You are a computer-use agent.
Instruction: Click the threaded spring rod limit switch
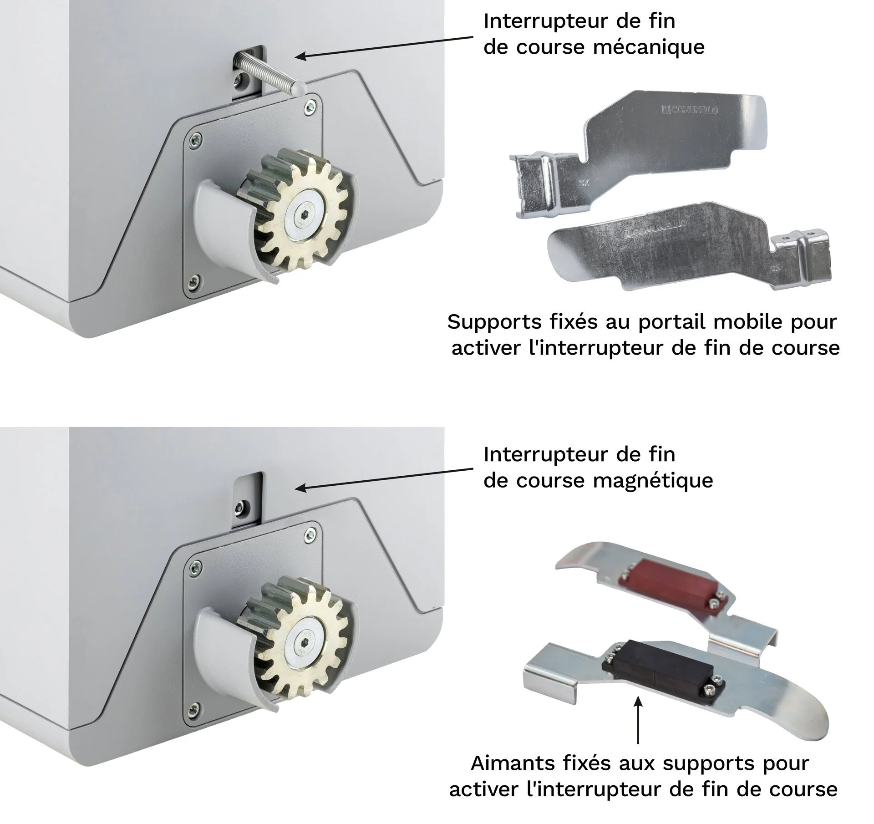point(269,71)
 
